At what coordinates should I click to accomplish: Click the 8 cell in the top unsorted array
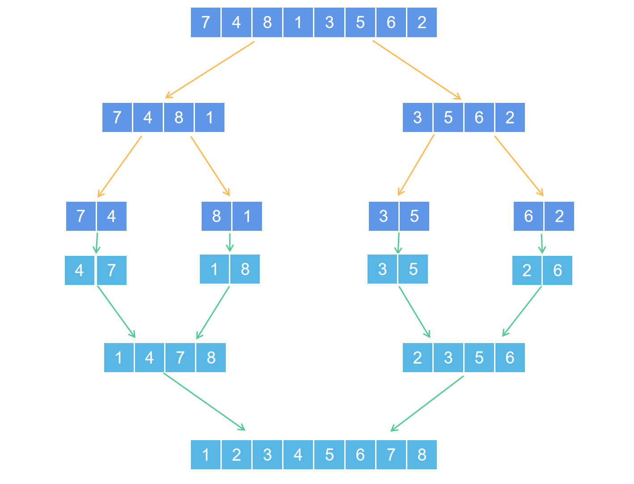tap(267, 22)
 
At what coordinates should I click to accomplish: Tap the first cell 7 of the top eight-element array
tap(206, 22)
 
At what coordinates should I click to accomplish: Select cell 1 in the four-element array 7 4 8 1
tap(210, 118)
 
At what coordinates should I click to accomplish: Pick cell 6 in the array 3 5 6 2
tap(479, 118)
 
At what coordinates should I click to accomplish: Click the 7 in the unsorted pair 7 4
tap(81, 217)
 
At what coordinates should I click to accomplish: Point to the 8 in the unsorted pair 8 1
tap(216, 217)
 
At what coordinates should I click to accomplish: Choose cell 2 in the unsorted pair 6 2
tap(559, 217)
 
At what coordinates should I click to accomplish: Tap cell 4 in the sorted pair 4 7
tap(80, 271)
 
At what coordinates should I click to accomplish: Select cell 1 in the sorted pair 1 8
tap(214, 269)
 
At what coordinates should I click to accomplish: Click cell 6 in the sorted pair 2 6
tap(558, 271)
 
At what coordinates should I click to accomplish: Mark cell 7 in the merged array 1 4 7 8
tap(180, 358)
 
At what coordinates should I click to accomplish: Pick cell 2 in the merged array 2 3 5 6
tap(418, 358)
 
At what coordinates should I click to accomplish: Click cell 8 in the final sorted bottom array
tap(422, 455)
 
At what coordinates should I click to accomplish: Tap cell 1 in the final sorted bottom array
tap(206, 455)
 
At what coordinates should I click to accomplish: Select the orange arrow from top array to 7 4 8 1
tap(210, 69)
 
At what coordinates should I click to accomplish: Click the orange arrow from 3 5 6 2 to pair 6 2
tap(519, 166)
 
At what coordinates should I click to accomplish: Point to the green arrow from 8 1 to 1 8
tap(230, 242)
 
